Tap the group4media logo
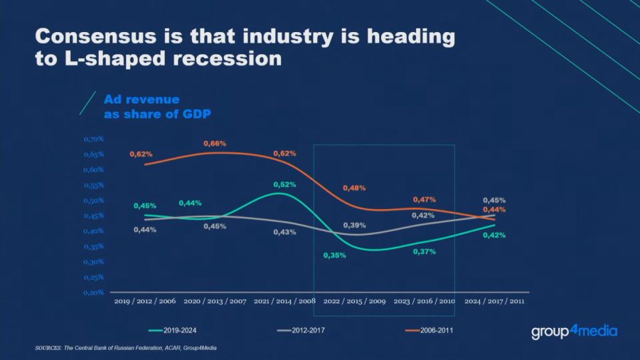574,332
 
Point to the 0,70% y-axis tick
94,139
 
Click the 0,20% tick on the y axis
94,292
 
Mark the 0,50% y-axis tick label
94,200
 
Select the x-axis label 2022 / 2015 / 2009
354,302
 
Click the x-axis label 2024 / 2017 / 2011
494,302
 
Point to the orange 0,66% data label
215,144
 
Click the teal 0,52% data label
284,184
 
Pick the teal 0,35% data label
334,255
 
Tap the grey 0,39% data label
355,225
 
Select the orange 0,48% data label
354,188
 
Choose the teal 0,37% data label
425,252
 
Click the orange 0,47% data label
425,200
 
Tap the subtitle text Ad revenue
142,100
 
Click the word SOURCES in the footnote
49,348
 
